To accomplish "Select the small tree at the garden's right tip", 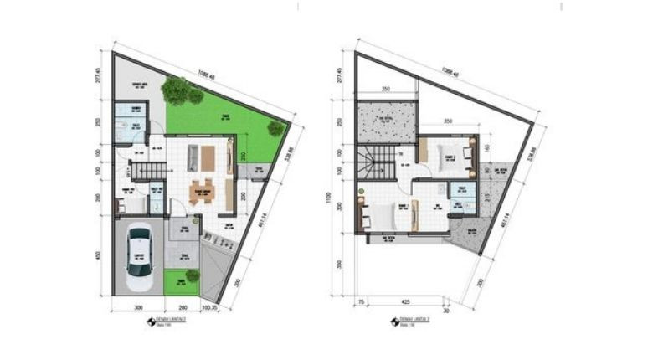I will (x=275, y=128).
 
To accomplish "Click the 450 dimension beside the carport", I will (x=99, y=255).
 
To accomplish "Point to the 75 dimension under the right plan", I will (x=361, y=300).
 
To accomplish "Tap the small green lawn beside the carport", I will (x=183, y=280).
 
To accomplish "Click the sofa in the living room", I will (x=193, y=156).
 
